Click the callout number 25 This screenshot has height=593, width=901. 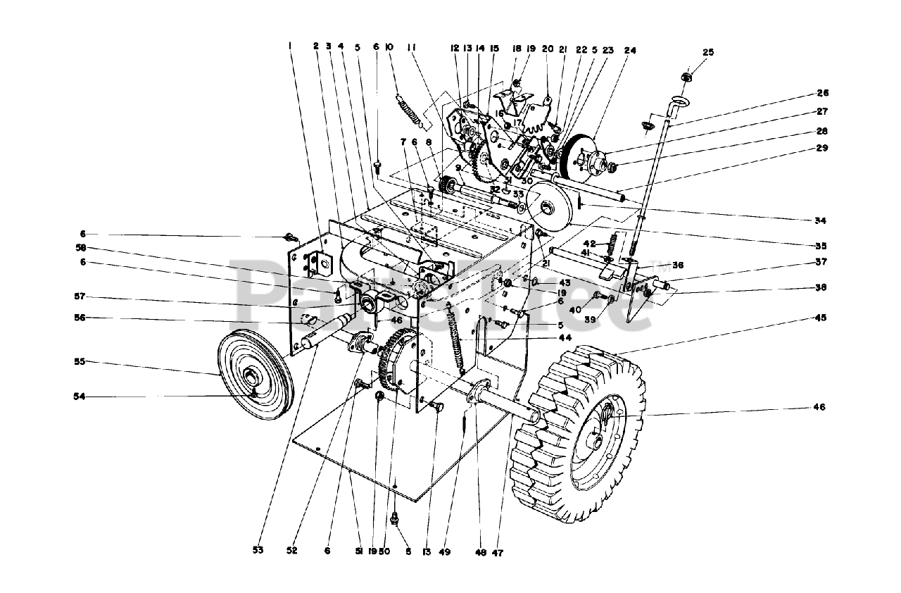pyautogui.click(x=708, y=52)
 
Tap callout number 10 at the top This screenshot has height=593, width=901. pyautogui.click(x=390, y=46)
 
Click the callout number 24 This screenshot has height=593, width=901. pyautogui.click(x=629, y=51)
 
